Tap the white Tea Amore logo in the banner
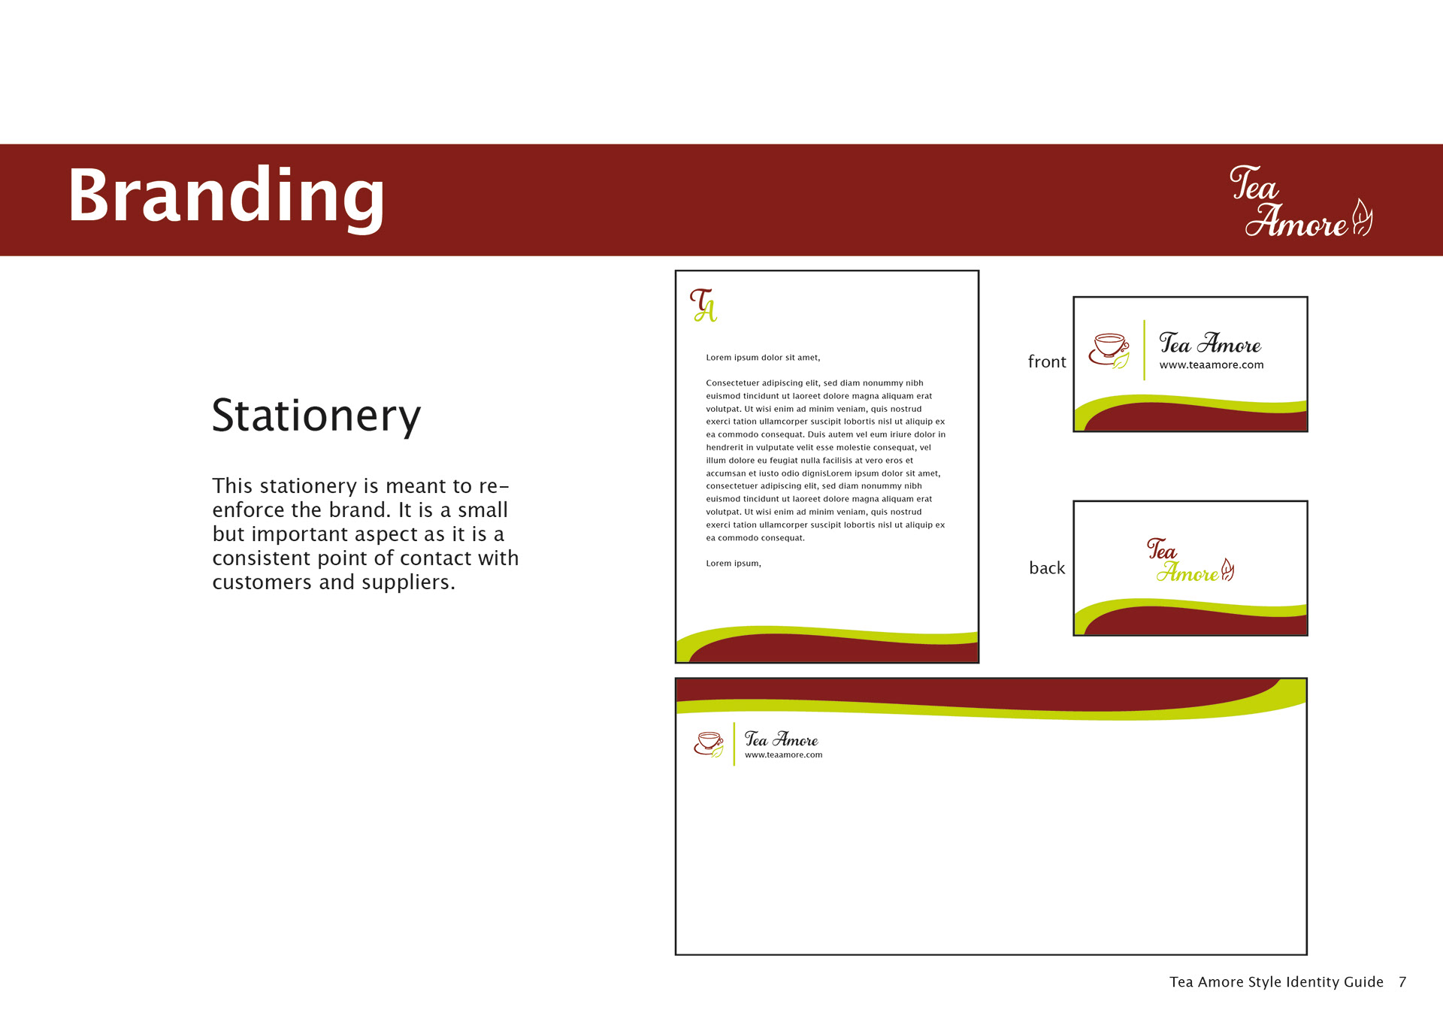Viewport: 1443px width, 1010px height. click(x=1301, y=201)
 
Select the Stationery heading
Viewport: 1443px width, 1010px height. click(x=316, y=416)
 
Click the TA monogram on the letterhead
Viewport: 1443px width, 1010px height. click(x=703, y=305)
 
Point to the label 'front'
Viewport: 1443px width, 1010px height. click(x=1047, y=362)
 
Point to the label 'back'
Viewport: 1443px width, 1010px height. click(x=1047, y=568)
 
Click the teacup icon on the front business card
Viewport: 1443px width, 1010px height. click(x=1109, y=351)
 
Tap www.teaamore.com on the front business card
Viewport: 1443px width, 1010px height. click(x=1212, y=365)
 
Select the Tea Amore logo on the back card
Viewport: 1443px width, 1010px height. click(x=1190, y=561)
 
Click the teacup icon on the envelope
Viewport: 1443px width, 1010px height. click(x=709, y=744)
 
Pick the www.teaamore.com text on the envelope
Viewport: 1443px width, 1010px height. click(x=783, y=755)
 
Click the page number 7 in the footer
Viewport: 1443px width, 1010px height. click(x=1402, y=982)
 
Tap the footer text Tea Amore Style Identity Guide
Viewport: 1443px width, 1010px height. click(x=1276, y=982)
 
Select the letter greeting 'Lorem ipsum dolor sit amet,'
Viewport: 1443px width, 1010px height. click(x=763, y=358)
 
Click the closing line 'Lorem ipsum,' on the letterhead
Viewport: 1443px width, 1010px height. click(x=734, y=564)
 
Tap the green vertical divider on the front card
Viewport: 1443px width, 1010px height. click(x=1144, y=350)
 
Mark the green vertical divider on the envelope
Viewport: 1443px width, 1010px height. click(x=734, y=744)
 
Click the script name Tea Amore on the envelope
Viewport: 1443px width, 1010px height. click(x=781, y=739)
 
